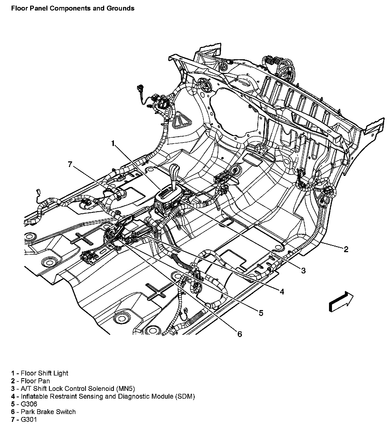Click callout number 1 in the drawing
coord(113,143)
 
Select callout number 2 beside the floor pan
coord(346,249)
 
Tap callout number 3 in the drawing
coord(303,270)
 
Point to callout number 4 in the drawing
coord(282,291)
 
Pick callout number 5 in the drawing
coord(261,313)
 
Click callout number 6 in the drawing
coord(240,334)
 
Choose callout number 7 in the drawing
coord(70,164)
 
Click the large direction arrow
coord(341,301)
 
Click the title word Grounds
coord(120,8)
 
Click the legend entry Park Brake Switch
coord(48,412)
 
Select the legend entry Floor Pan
coord(35,381)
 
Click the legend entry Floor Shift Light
coord(44,373)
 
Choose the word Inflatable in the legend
coord(34,396)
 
